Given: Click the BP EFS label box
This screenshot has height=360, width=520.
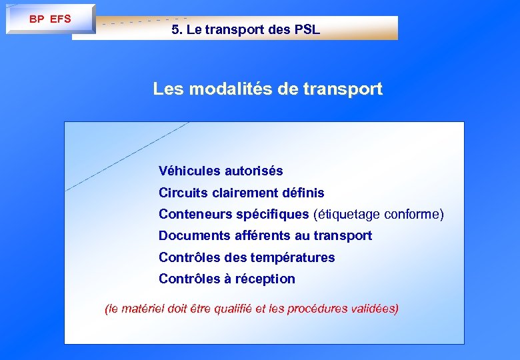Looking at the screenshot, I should click(x=50, y=19).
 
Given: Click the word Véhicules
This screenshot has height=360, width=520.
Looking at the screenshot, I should click(x=189, y=171).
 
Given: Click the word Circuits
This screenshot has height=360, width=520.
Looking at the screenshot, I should click(x=181, y=193).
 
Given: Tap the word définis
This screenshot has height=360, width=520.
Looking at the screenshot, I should click(x=303, y=193).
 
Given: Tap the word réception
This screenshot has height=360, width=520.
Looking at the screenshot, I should click(x=266, y=279).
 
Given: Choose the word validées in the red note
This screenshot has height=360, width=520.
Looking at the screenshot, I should click(x=373, y=309).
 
